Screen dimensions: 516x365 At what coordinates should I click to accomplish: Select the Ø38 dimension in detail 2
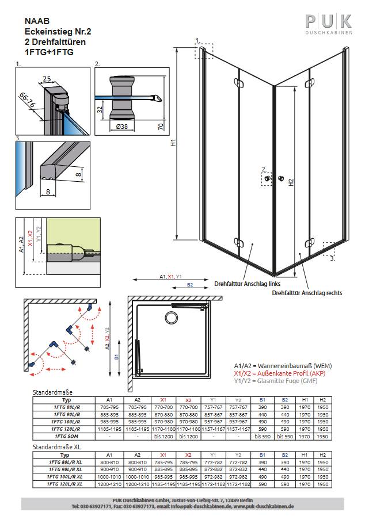(x=122, y=127)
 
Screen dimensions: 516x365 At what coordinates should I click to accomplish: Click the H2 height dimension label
(x=291, y=182)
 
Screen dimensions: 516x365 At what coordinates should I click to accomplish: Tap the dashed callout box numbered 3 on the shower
(x=329, y=248)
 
